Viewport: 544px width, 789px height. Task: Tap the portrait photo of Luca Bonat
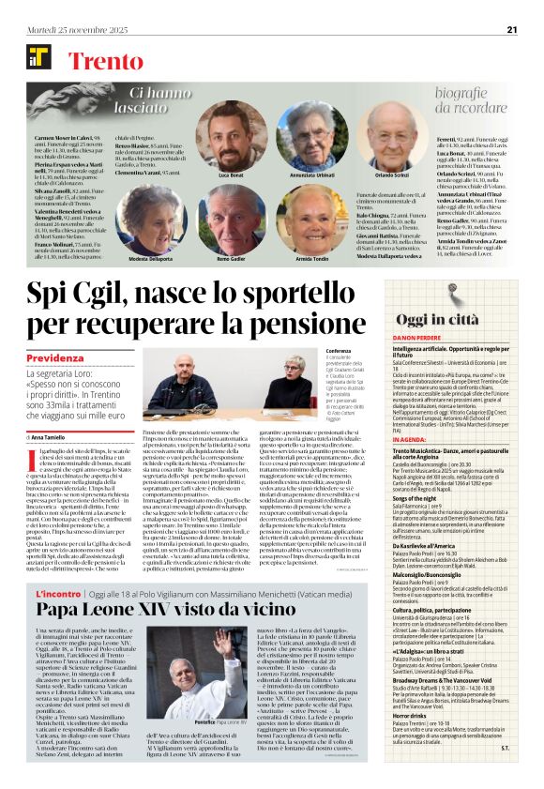pyautogui.click(x=231, y=135)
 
